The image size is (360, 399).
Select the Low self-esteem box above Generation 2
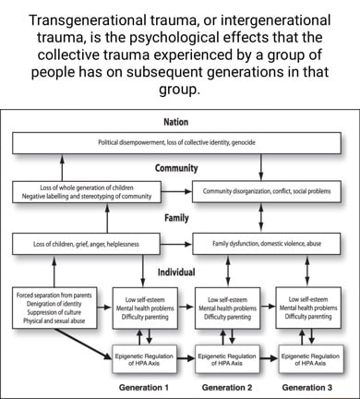pos(227,308)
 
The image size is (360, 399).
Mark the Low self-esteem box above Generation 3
pos(308,308)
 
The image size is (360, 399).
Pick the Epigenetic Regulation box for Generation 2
pos(227,359)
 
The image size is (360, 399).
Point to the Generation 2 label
pos(227,388)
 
